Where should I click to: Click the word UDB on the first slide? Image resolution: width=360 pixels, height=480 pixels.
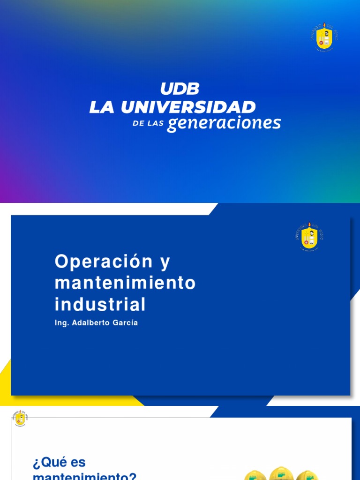tap(180, 89)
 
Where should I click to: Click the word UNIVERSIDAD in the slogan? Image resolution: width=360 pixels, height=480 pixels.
tap(188, 107)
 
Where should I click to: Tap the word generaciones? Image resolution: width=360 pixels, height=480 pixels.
tap(224, 123)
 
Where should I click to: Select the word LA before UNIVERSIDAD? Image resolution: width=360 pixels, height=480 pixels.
tap(102, 107)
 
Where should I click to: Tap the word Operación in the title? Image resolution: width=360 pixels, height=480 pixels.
tap(104, 262)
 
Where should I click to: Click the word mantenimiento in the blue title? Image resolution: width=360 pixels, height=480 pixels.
tap(125, 283)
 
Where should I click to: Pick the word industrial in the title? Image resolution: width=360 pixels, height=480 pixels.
tap(100, 305)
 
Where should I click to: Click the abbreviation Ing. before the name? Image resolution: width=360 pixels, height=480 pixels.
tap(61, 323)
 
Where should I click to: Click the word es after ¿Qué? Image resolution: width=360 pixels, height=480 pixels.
tap(78, 463)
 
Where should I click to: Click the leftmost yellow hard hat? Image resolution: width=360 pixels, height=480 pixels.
tap(255, 475)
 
